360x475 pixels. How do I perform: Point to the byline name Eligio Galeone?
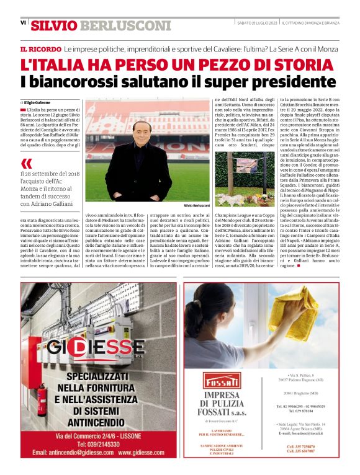[x=37, y=102]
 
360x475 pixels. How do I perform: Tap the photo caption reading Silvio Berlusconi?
[x=196, y=205]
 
